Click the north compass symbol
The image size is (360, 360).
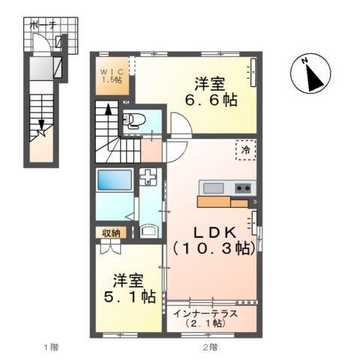[307, 75]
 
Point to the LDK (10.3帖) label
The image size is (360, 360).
[211, 239]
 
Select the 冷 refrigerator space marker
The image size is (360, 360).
[245, 149]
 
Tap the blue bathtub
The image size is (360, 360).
[113, 182]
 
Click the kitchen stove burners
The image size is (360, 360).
[241, 187]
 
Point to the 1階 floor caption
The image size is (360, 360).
[49, 346]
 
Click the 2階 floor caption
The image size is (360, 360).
[209, 346]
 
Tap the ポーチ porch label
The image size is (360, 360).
[43, 25]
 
